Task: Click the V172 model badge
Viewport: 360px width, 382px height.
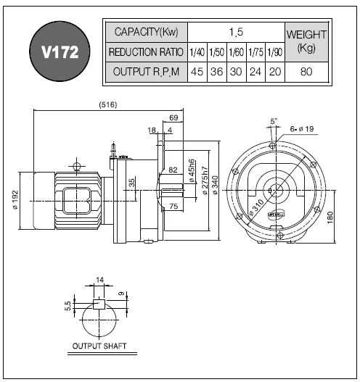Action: tap(60, 51)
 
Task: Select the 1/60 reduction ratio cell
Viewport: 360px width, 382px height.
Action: tap(237, 52)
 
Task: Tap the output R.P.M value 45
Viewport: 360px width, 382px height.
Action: tap(197, 72)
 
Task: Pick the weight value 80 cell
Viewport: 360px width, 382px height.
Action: tap(306, 72)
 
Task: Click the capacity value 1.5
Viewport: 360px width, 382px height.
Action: tap(236, 32)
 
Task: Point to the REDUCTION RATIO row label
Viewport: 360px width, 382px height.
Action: tap(146, 52)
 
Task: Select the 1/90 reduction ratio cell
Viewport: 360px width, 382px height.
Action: tap(275, 52)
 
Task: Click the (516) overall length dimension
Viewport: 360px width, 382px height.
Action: tap(108, 105)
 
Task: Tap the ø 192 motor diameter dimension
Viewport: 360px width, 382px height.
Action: tap(15, 200)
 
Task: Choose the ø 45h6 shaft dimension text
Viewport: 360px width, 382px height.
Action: tap(192, 170)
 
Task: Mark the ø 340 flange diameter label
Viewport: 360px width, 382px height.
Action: tap(215, 185)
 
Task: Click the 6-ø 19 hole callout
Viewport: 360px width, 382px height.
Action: tap(302, 129)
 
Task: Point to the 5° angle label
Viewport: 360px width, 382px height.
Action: tap(274, 121)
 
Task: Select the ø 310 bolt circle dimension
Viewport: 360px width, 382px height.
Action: tap(256, 208)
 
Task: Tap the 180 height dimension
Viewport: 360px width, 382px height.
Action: tap(330, 217)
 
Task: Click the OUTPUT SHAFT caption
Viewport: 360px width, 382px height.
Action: tap(99, 346)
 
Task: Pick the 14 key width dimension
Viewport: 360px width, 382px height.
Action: tap(99, 280)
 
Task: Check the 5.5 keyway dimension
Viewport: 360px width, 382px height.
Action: tap(67, 306)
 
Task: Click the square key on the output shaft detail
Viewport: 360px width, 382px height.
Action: tap(99, 304)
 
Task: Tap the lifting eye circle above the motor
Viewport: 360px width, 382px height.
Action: tap(77, 167)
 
